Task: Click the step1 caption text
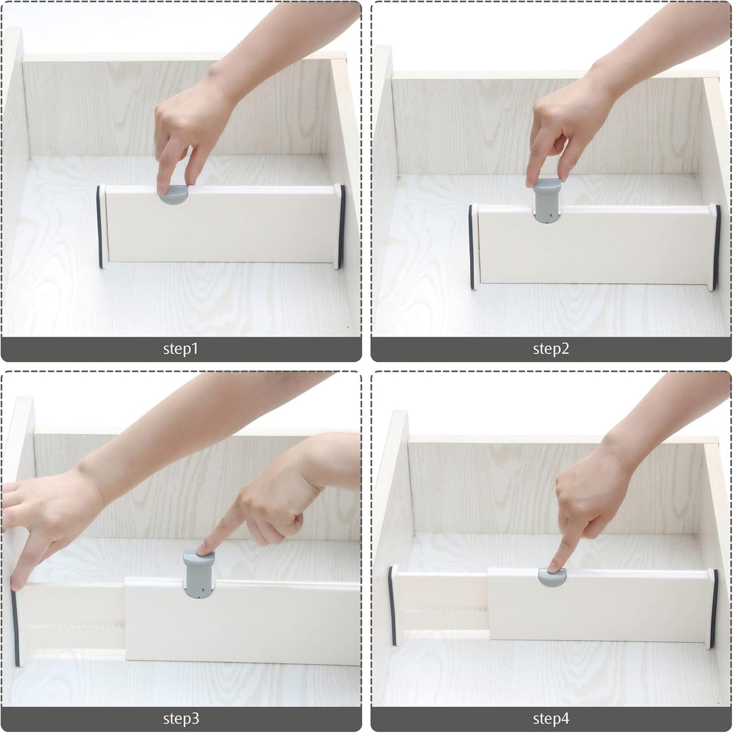pos(181,349)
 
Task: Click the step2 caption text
pos(551,349)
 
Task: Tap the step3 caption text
pos(181,719)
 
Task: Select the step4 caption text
pos(551,719)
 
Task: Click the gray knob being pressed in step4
pos(551,577)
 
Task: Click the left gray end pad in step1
pos(99,227)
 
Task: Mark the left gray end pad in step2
pos(471,247)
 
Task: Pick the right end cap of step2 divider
pos(716,247)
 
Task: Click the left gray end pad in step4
pos(391,606)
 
